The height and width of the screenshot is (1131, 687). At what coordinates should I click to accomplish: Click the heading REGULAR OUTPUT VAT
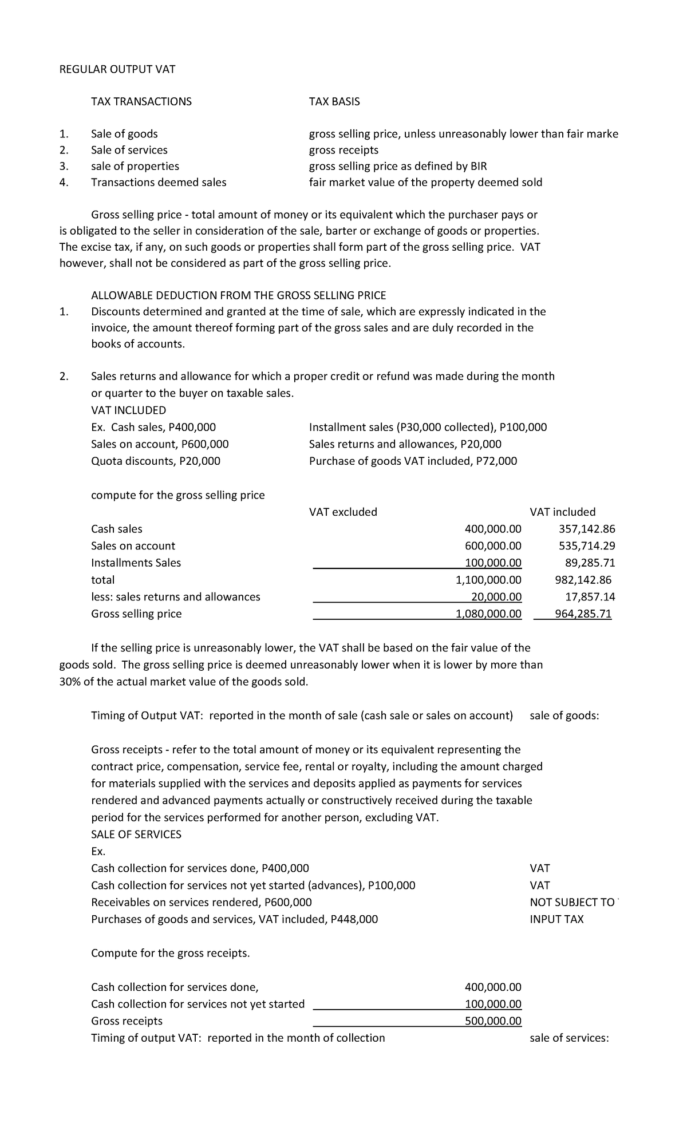click(x=117, y=70)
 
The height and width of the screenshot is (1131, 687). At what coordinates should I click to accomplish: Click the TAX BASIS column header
click(x=334, y=102)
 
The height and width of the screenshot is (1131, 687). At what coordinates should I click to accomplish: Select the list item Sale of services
click(x=129, y=150)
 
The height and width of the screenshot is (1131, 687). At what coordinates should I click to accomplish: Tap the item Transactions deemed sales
click(x=159, y=183)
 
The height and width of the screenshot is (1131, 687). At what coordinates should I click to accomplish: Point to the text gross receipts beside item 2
click(x=343, y=150)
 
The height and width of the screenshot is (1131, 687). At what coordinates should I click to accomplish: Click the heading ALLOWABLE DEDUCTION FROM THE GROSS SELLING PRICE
click(x=239, y=295)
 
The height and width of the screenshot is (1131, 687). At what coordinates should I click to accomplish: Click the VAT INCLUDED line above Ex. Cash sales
click(x=129, y=410)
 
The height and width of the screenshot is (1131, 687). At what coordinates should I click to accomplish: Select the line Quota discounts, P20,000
click(x=156, y=461)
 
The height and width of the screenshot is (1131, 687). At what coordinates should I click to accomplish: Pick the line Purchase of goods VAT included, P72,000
click(x=413, y=461)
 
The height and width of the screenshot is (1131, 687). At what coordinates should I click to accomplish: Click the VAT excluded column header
click(x=343, y=512)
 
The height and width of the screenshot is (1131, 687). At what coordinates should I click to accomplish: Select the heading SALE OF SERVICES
click(x=136, y=835)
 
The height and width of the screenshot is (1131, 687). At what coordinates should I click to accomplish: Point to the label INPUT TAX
click(x=556, y=920)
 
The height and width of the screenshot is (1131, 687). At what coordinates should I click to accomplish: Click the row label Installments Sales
click(x=136, y=563)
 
